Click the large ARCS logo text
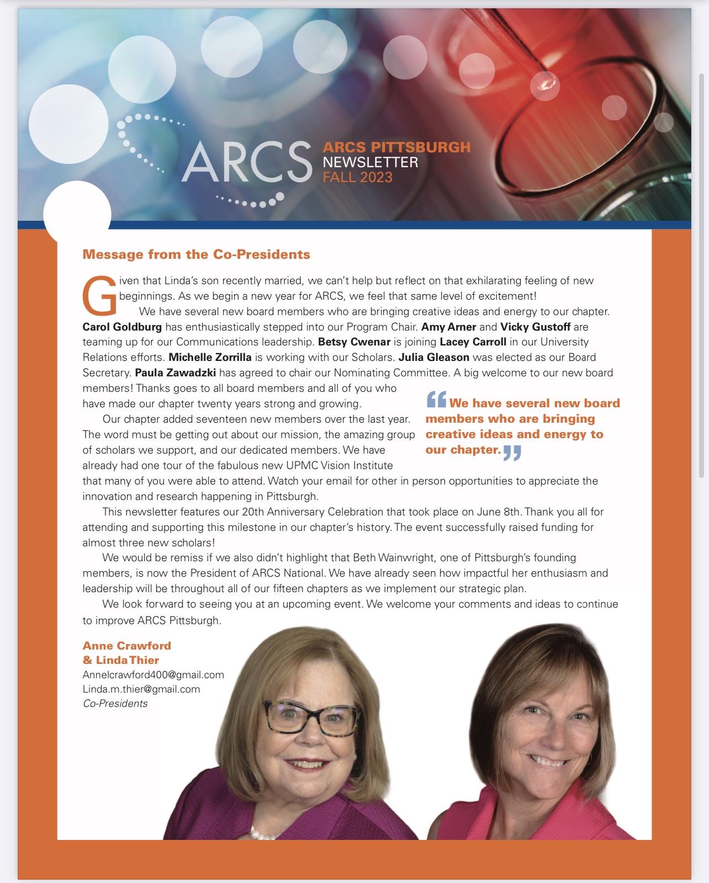[247, 162]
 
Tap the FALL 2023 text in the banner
[357, 177]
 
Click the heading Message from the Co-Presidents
[196, 254]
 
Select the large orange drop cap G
[100, 296]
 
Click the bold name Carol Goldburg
[122, 327]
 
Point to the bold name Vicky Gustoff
[535, 327]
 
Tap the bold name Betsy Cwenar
[354, 342]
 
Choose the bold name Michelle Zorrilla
[210, 357]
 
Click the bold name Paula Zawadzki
[175, 373]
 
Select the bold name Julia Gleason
[433, 357]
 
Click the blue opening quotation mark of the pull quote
[436, 399]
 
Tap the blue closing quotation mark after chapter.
[512, 453]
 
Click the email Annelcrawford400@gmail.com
[153, 675]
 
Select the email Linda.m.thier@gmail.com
[141, 689]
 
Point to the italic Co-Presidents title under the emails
[115, 704]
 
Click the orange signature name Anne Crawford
[126, 646]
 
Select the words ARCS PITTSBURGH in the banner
[396, 147]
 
